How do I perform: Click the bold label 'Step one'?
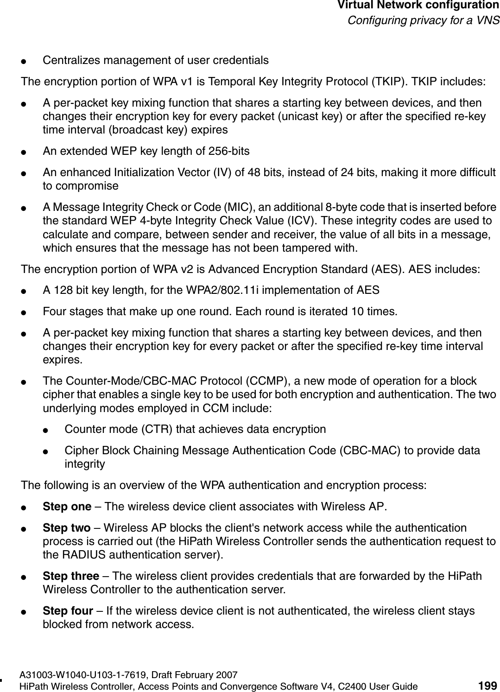[x=67, y=506]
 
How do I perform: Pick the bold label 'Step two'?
[x=66, y=528]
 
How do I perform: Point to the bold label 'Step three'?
[x=70, y=576]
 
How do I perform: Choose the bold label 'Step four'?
[x=68, y=611]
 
